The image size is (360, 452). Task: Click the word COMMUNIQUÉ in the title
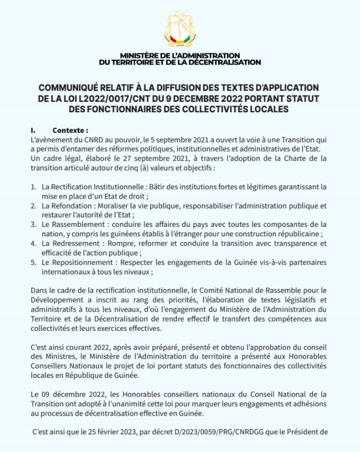(x=72, y=88)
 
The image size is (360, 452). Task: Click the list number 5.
(x=34, y=262)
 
